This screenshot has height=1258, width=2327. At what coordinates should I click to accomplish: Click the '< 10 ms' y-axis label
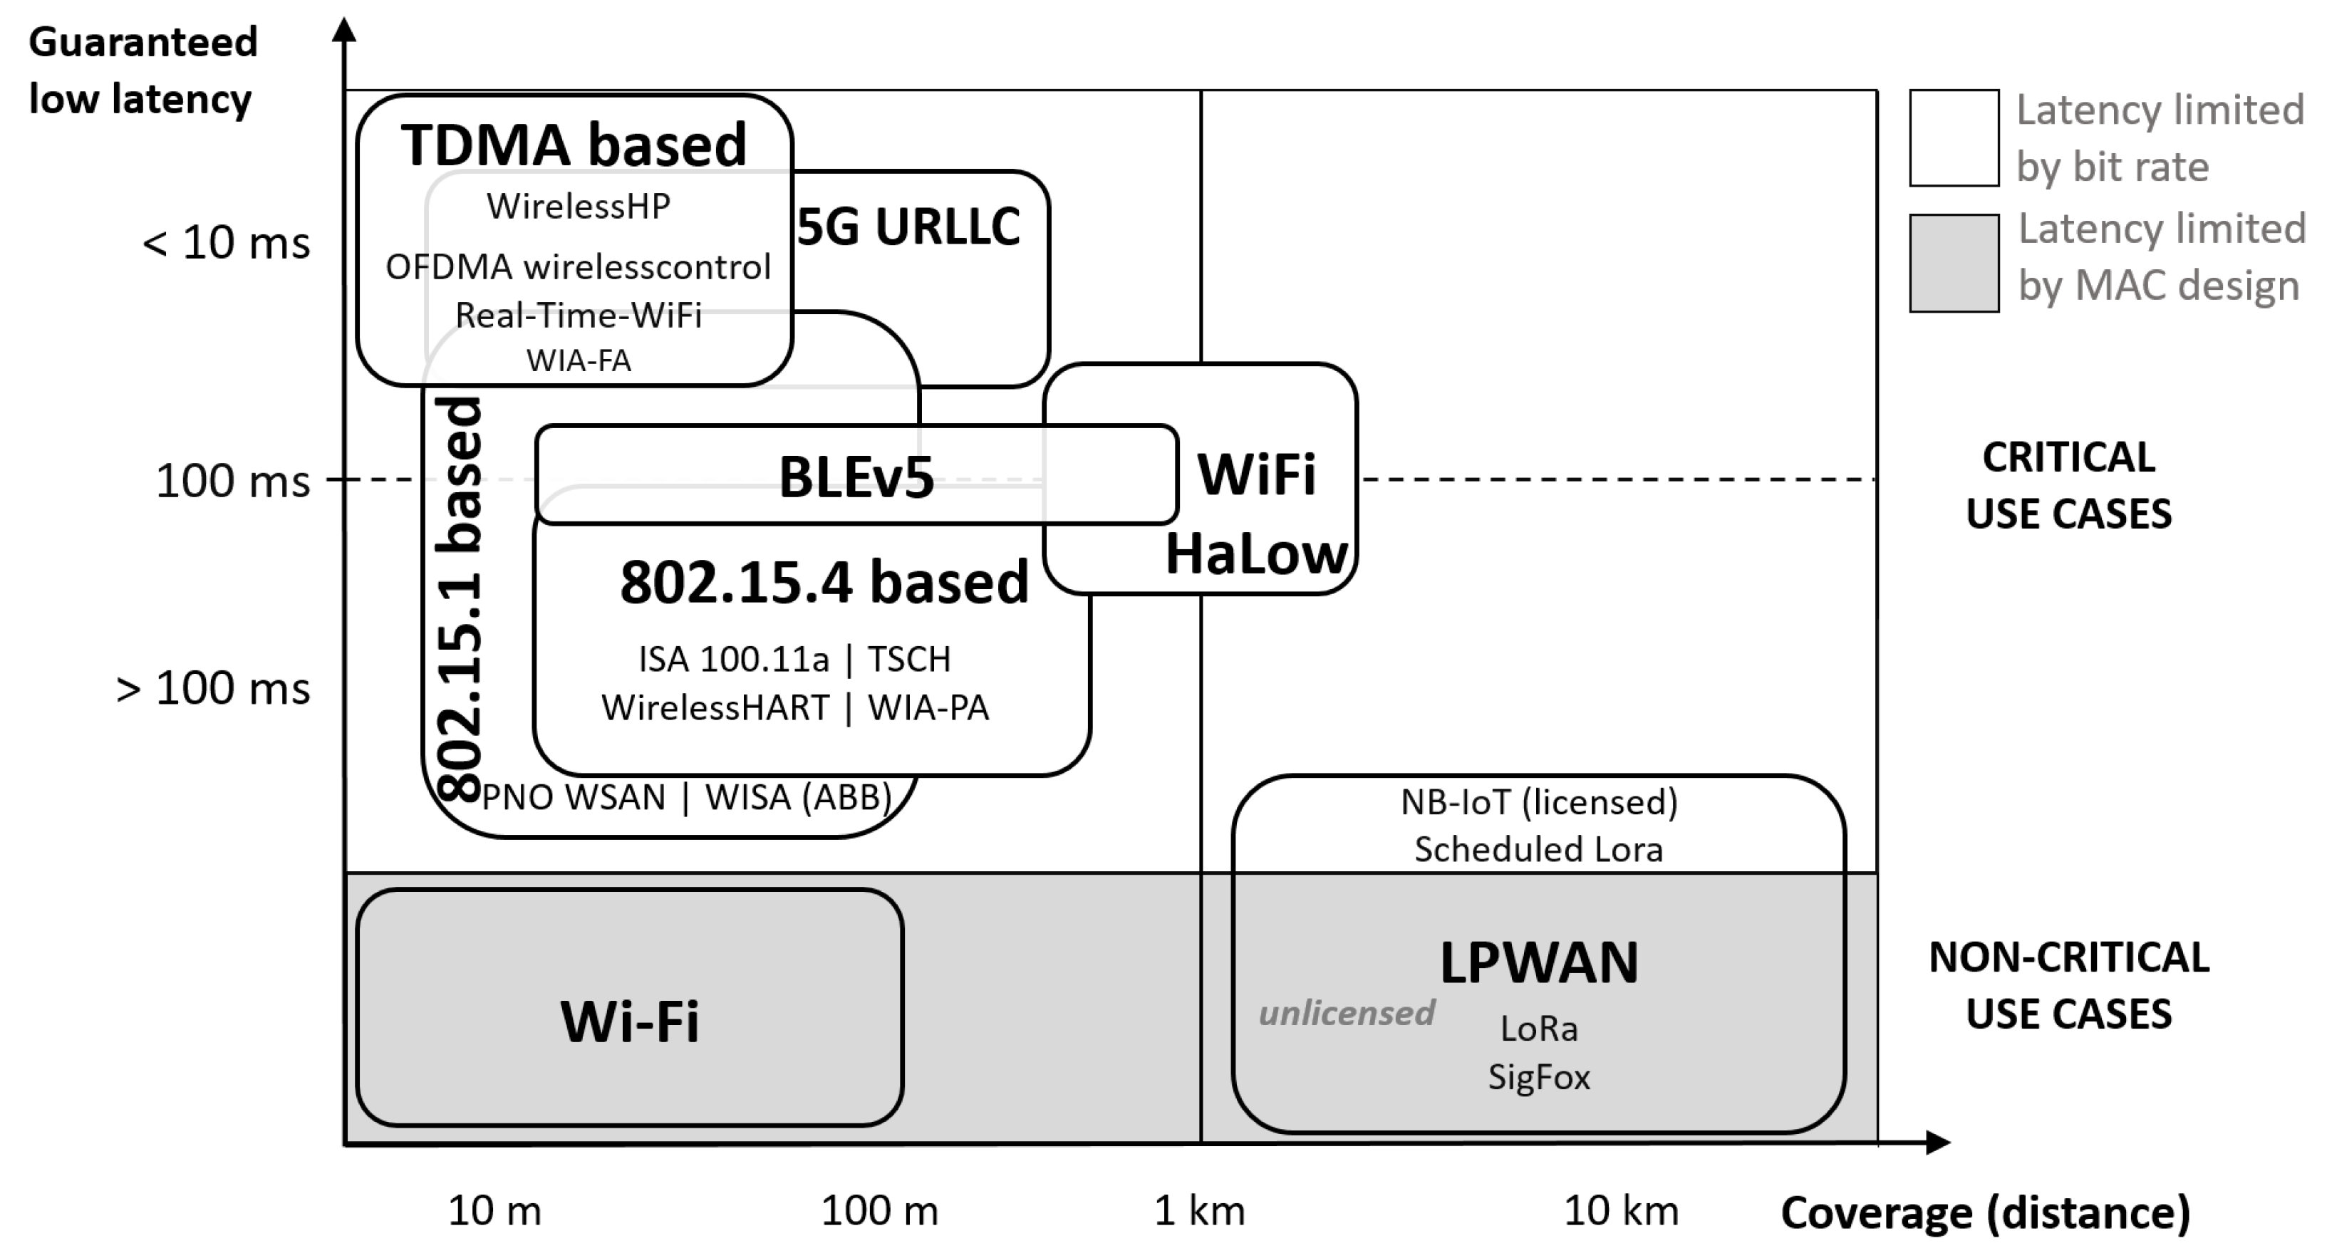click(x=226, y=243)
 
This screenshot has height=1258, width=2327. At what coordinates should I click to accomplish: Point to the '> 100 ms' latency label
click(x=213, y=688)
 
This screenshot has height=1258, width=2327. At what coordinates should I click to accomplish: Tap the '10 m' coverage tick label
click(x=494, y=1211)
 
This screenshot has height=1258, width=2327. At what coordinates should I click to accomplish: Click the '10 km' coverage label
click(x=1621, y=1211)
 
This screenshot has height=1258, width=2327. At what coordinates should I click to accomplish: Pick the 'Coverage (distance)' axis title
click(x=1984, y=1213)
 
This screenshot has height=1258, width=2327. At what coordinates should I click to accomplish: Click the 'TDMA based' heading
click(x=574, y=145)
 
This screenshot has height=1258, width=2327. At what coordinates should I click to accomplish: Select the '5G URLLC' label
click(x=908, y=226)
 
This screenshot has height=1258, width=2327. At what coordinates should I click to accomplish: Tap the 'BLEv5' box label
click(x=856, y=477)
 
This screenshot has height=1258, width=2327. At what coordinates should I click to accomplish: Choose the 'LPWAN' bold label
click(x=1538, y=962)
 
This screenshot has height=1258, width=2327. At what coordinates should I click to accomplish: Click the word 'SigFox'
click(x=1538, y=1077)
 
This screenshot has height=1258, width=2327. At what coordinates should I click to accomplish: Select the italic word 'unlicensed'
click(x=1346, y=1013)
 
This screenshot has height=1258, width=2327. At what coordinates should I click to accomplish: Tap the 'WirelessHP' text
click(x=578, y=207)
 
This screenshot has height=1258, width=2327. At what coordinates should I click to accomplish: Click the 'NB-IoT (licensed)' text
click(x=1538, y=802)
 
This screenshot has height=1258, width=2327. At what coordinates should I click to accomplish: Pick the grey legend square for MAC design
click(x=1953, y=263)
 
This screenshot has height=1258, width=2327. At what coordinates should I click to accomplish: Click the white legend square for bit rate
click(x=1953, y=138)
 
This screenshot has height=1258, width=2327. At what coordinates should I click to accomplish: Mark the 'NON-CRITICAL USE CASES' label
click(x=2068, y=985)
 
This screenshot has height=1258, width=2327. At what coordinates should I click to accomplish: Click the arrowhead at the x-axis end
click(x=1939, y=1143)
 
